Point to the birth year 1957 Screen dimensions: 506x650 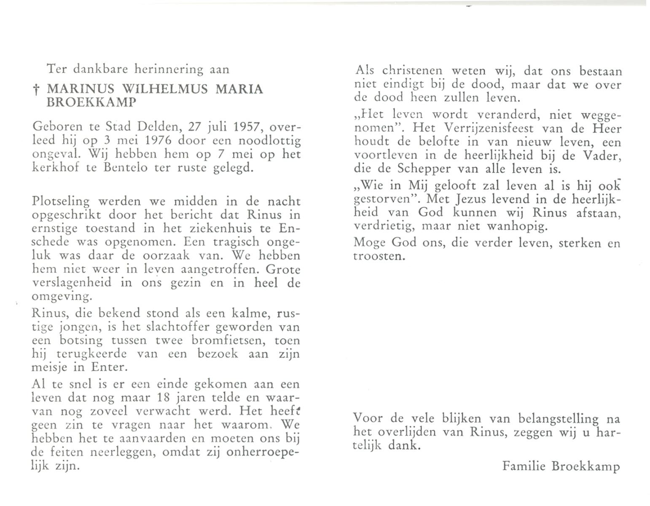pos(242,127)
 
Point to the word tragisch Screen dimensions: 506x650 pos(240,242)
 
